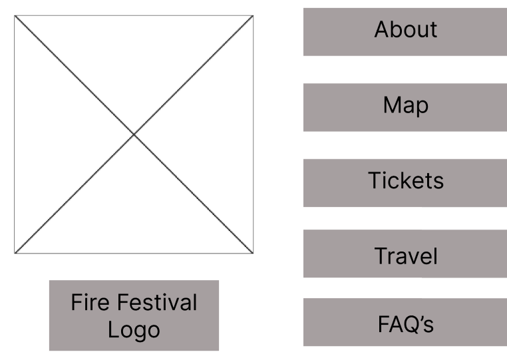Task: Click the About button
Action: pyautogui.click(x=405, y=31)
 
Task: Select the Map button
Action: pyautogui.click(x=405, y=106)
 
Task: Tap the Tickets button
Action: pyautogui.click(x=405, y=182)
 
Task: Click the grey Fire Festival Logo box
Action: pyautogui.click(x=134, y=315)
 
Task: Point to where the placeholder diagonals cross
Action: pyautogui.click(x=134, y=134)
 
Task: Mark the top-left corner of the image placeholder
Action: pyautogui.click(x=15, y=15)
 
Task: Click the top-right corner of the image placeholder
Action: pyautogui.click(x=253, y=15)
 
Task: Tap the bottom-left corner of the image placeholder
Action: pyautogui.click(x=15, y=254)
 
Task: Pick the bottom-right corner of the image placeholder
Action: pyautogui.click(x=253, y=254)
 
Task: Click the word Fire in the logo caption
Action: pyautogui.click(x=88, y=303)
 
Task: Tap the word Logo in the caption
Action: pyautogui.click(x=134, y=330)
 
